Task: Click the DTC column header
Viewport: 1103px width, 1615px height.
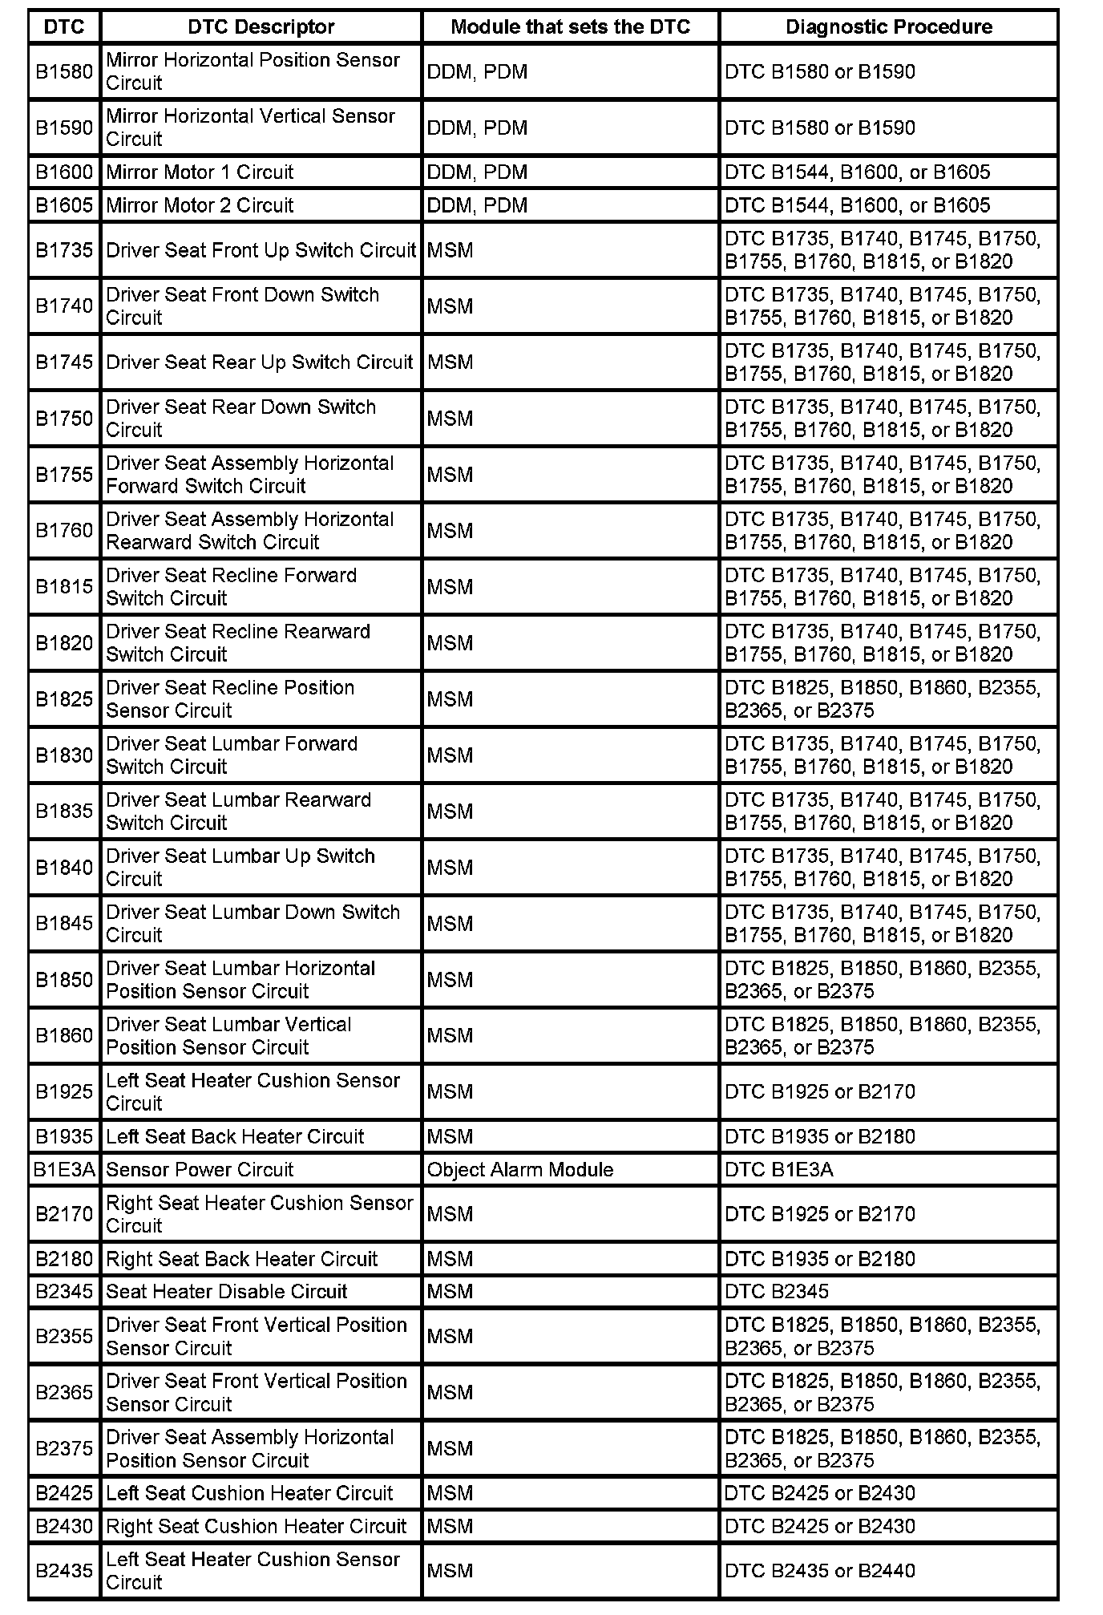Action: [64, 26]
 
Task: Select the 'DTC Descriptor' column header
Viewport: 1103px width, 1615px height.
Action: [261, 26]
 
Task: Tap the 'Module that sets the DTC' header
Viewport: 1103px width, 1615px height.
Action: [570, 26]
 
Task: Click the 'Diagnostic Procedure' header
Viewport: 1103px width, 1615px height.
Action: [888, 26]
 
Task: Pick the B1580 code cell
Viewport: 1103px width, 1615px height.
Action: [64, 71]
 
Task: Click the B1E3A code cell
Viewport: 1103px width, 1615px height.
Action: [64, 1169]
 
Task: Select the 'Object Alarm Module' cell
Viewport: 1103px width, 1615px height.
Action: [520, 1169]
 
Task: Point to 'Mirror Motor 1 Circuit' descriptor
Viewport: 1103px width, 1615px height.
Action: [200, 172]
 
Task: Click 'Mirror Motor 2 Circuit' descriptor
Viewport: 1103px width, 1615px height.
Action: [200, 205]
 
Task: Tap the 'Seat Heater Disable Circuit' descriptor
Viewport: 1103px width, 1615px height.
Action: [227, 1291]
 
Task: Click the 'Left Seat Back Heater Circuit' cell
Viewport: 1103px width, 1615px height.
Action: [235, 1136]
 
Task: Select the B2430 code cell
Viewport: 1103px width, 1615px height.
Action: [64, 1526]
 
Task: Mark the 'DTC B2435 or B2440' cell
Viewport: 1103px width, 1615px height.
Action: [819, 1570]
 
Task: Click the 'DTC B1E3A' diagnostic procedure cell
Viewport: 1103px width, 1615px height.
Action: [778, 1169]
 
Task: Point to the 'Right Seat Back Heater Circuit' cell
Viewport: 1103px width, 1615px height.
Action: [241, 1258]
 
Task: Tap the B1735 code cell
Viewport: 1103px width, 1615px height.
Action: [64, 250]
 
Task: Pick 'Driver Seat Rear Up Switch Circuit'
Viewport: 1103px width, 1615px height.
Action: [259, 362]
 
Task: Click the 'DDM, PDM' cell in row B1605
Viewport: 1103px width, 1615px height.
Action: [477, 205]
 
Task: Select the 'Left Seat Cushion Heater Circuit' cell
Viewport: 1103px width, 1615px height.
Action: [249, 1493]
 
